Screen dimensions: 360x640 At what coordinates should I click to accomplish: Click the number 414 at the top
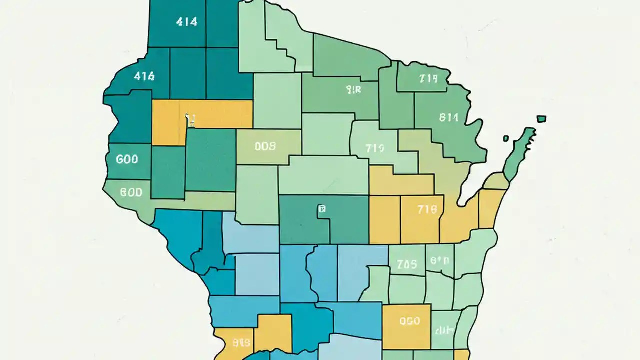[x=187, y=22]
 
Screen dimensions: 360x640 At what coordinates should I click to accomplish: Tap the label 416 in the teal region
[x=144, y=76]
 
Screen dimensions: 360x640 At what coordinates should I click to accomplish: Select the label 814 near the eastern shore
[x=448, y=118]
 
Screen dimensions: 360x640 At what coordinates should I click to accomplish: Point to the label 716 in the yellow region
[x=426, y=210]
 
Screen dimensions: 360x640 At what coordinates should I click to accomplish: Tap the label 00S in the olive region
[x=265, y=146]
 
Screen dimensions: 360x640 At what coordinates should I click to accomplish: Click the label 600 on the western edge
[x=126, y=159]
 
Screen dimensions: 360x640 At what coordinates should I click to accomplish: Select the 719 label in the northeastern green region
[x=428, y=78]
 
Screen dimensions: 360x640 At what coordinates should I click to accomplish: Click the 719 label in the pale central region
[x=374, y=148]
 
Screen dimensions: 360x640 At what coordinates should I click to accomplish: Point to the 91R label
[x=353, y=89]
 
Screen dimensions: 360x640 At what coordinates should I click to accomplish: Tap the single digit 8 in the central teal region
[x=322, y=210]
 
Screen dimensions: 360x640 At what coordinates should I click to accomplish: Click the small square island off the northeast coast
[x=541, y=119]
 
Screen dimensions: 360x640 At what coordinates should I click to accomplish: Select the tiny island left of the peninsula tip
[x=506, y=138]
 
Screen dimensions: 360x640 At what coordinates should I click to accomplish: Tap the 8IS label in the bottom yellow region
[x=241, y=343]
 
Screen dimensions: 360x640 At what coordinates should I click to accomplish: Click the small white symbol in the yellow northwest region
[x=189, y=119]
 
